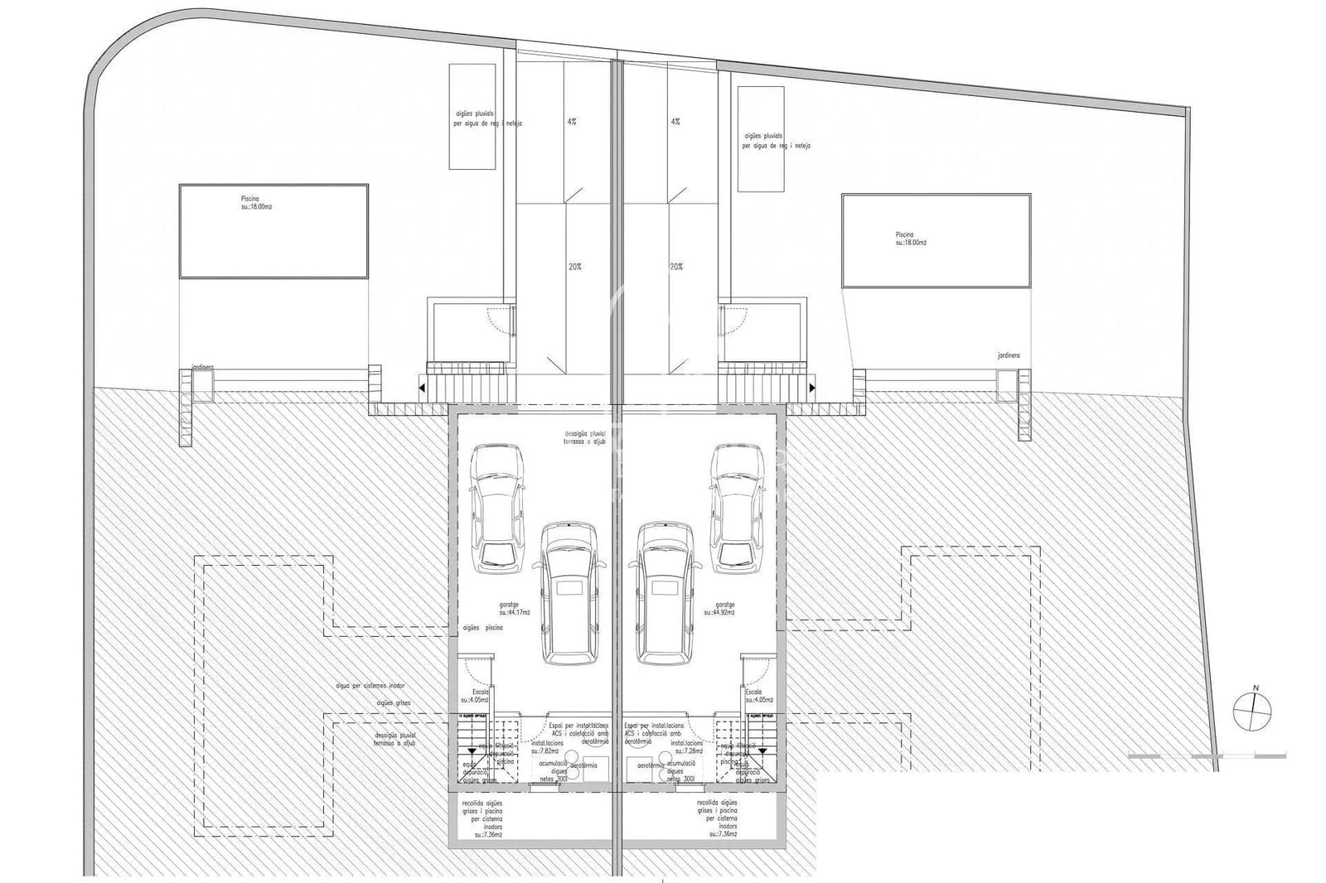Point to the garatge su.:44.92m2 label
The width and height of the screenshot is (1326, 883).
[719, 609]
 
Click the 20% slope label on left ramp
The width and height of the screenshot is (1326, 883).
[574, 267]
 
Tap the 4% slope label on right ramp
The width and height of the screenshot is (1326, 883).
[675, 121]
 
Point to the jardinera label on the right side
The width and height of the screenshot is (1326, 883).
[1009, 355]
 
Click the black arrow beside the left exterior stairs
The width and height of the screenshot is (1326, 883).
[422, 387]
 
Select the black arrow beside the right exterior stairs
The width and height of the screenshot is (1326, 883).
[814, 387]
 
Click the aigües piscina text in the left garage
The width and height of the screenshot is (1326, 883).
[482, 629]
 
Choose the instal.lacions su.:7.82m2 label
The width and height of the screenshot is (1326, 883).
[548, 747]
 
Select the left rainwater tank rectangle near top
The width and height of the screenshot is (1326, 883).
[472, 116]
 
